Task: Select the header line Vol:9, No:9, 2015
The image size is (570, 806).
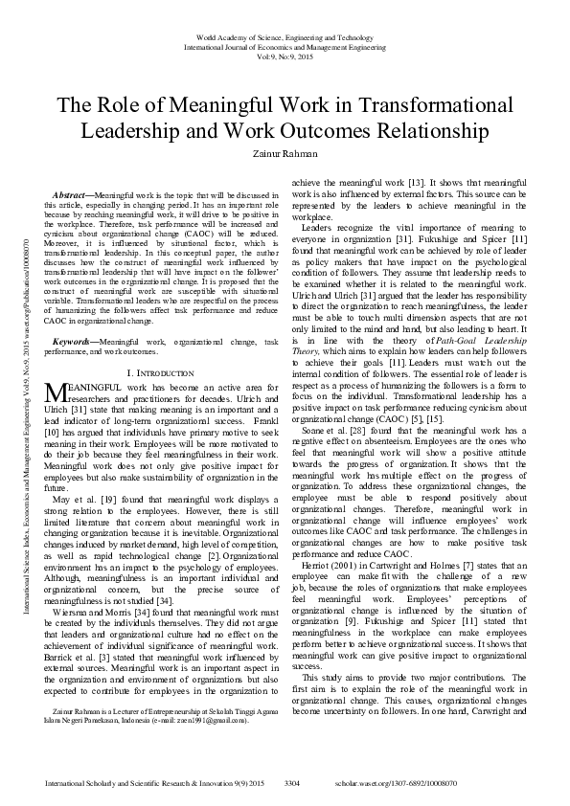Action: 285,55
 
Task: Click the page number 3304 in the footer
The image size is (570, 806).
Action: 293,783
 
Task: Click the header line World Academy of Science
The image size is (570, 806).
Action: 285,35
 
